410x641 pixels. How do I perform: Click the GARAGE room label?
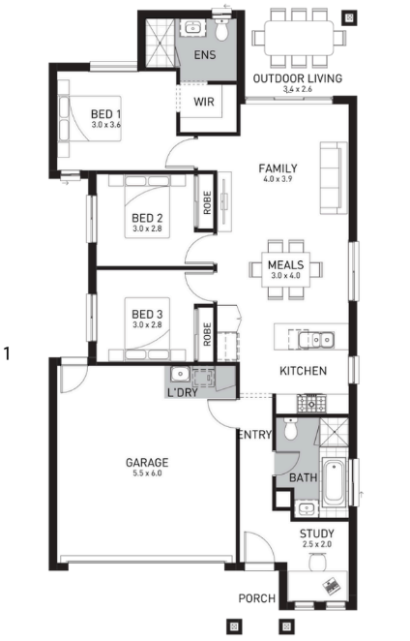tap(147, 463)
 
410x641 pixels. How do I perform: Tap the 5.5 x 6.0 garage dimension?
tap(147, 473)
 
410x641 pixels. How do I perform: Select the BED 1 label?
tap(105, 114)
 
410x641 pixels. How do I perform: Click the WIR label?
tap(204, 102)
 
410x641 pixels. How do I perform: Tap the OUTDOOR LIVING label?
tap(298, 78)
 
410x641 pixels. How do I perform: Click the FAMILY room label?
tap(278, 168)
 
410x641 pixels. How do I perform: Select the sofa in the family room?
tap(334, 178)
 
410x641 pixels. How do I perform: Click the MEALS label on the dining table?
tap(286, 265)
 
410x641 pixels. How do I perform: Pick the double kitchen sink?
tap(315, 340)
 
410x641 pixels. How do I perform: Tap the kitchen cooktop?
tap(311, 403)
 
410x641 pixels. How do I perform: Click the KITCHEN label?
tap(303, 371)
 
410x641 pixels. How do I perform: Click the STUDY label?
tap(317, 534)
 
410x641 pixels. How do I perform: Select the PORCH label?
tap(257, 598)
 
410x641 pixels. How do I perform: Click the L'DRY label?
tap(183, 393)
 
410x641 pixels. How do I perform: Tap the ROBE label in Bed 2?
tap(207, 202)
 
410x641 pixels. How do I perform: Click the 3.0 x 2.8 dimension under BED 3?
tap(147, 325)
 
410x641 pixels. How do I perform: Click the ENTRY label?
tap(255, 435)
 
